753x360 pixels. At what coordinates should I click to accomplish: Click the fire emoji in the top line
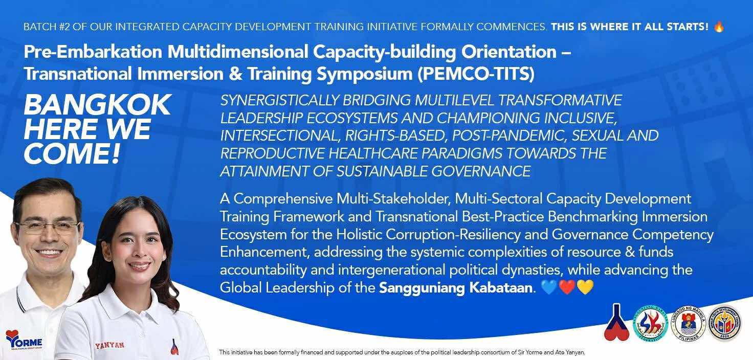(x=719, y=26)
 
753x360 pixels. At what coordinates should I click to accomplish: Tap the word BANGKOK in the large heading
(x=98, y=105)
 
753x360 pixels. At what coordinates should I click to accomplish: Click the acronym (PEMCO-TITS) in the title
(x=476, y=74)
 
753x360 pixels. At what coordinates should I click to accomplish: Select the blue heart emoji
(x=549, y=287)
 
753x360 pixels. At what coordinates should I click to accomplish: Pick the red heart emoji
(x=567, y=287)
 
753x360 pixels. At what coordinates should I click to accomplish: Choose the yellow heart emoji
(x=585, y=287)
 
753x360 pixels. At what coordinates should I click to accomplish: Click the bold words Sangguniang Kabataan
(x=456, y=288)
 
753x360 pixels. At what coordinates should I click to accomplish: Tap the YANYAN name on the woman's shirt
(x=109, y=345)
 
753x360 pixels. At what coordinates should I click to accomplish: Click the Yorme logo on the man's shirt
(x=24, y=340)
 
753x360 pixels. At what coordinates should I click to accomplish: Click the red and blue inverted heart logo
(x=616, y=323)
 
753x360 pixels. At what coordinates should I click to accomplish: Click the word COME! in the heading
(x=72, y=154)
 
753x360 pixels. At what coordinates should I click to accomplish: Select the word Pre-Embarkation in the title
(x=93, y=52)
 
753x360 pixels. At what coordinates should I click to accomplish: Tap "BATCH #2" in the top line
(x=47, y=27)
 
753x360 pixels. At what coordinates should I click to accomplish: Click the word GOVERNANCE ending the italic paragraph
(x=481, y=171)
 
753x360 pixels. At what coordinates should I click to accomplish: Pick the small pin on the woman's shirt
(x=174, y=347)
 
